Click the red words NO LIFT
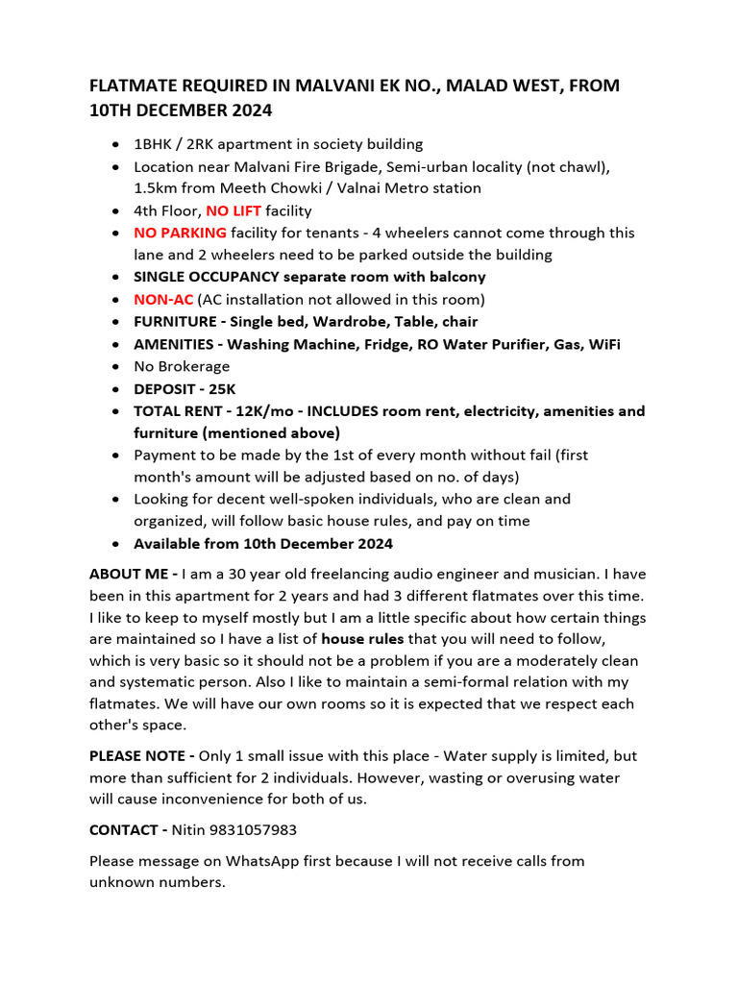pos(234,210)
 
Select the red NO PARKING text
pos(181,233)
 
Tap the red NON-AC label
pos(163,299)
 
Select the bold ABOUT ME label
pos(133,574)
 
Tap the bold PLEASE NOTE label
pos(141,756)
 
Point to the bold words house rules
pos(362,639)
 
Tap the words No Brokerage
pos(182,366)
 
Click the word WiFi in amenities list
pos(602,344)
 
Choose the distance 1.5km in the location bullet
pos(157,188)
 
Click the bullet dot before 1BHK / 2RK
pos(116,144)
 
